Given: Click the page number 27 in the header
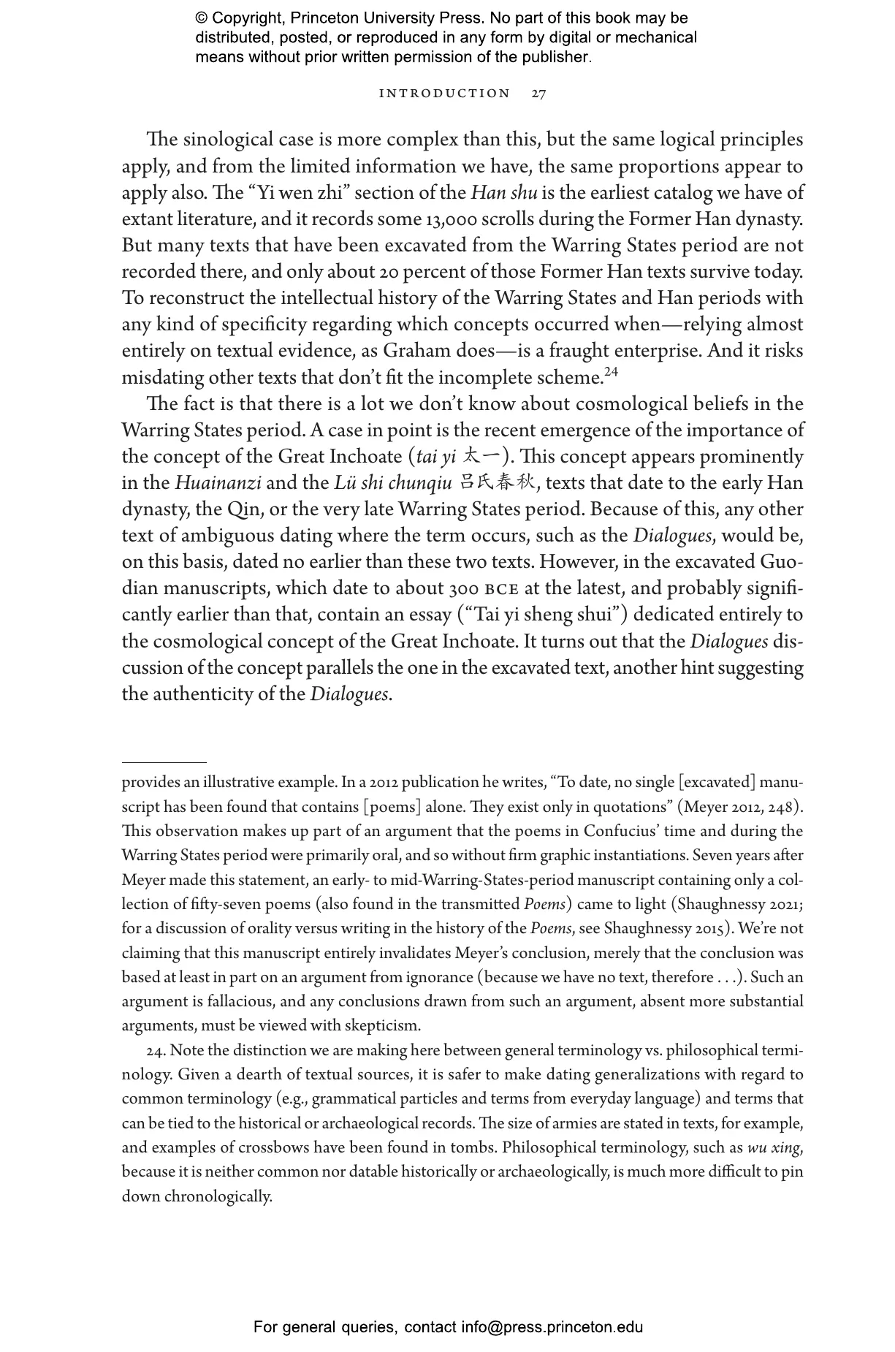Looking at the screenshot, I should pos(538,94).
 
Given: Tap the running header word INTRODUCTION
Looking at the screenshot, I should pos(445,94).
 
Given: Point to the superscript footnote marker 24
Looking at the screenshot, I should pos(611,372).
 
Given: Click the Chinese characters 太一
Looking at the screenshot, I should pos(482,457).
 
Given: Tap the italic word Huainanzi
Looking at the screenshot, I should pos(218,483).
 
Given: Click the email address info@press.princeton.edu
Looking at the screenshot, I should pos(552,1326).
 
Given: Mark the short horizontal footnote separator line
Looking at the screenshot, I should pos(164,762).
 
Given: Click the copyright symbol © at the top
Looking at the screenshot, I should pos(202,19).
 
